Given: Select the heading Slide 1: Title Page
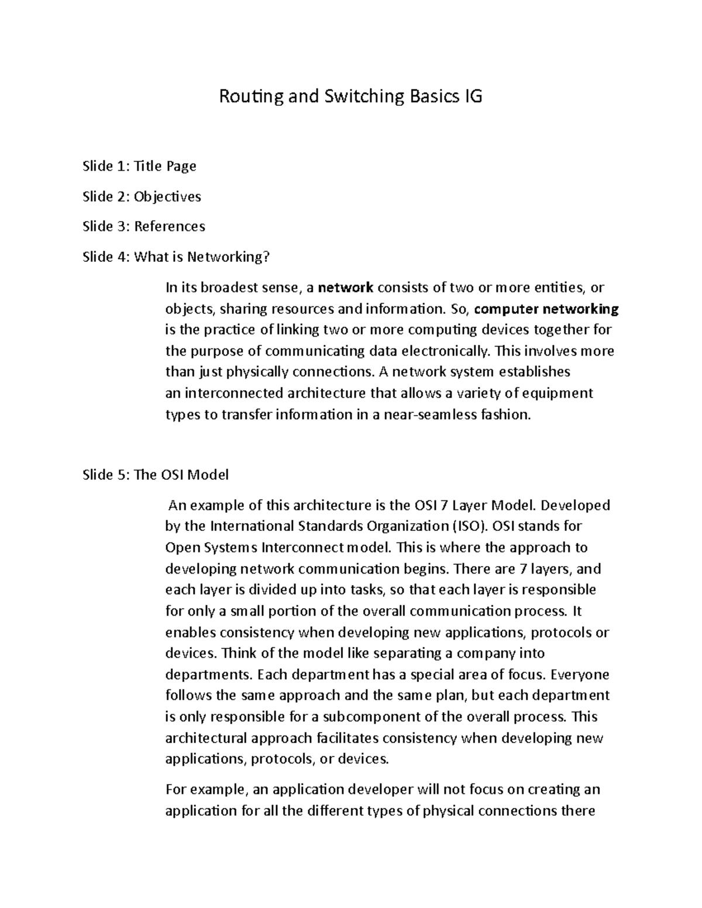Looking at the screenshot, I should click(x=139, y=166).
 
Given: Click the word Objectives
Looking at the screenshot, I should click(x=167, y=196).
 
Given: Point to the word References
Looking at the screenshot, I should click(x=170, y=226).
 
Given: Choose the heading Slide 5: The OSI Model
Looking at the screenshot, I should click(x=156, y=475).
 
